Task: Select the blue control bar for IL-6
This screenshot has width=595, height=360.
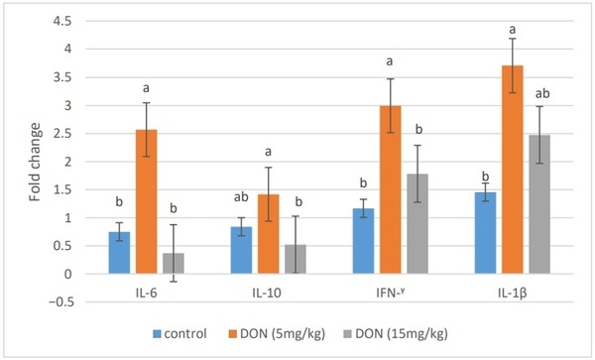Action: pos(119,253)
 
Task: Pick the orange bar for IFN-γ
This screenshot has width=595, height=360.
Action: pos(390,189)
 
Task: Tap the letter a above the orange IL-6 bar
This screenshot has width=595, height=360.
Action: pos(146,87)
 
